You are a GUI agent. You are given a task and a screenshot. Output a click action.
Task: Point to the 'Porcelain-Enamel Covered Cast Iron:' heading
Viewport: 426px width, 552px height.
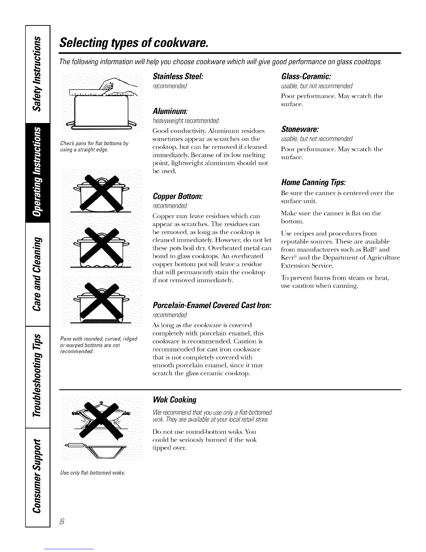point(212,305)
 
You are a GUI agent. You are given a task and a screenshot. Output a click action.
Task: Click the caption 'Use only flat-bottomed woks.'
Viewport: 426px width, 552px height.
point(92,473)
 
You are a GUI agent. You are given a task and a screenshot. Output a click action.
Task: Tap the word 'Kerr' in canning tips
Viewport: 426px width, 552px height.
point(286,258)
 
